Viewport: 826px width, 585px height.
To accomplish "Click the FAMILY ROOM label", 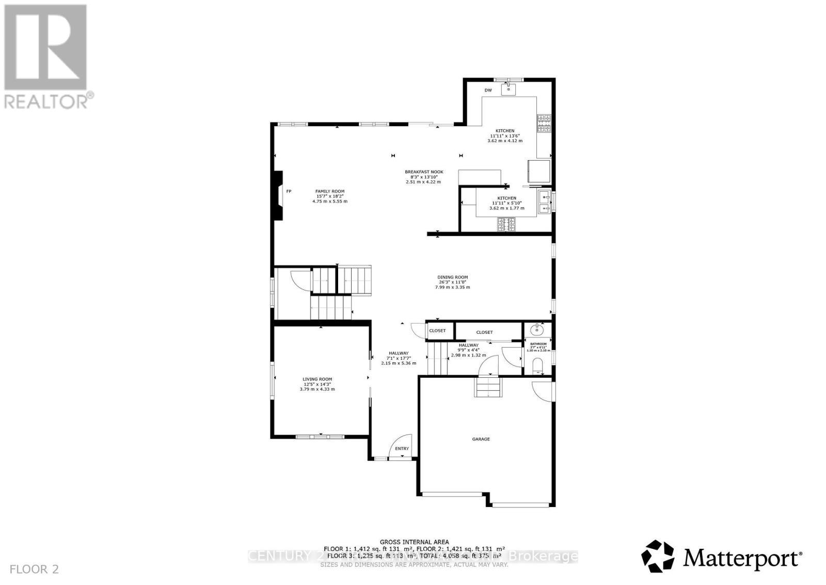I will click(x=330, y=191).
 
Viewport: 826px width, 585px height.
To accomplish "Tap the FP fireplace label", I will click(x=289, y=191).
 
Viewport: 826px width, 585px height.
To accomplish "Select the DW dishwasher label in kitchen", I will click(x=488, y=90).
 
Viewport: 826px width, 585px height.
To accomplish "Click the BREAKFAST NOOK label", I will click(x=424, y=172).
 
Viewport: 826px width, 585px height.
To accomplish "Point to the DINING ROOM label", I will click(x=452, y=277).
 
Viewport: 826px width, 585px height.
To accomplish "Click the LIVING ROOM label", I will click(x=317, y=379).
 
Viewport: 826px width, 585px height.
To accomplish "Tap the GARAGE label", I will click(x=481, y=439).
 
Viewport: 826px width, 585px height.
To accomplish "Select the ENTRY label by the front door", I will click(x=402, y=449).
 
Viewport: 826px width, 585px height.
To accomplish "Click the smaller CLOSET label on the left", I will click(x=437, y=331).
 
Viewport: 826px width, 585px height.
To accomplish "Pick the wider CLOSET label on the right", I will click(x=484, y=332).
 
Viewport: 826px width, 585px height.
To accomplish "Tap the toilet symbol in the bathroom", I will click(x=537, y=366).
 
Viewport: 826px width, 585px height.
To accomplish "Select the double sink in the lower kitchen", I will click(x=544, y=202).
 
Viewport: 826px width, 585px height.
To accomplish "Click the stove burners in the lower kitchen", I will click(x=506, y=225).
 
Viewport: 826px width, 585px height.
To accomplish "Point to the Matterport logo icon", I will click(x=658, y=556).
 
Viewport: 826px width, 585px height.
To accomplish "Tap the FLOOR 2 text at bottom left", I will click(x=35, y=569).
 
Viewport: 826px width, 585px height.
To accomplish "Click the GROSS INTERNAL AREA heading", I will click(x=415, y=542).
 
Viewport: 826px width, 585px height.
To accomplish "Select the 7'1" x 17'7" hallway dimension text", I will click(x=398, y=358).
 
